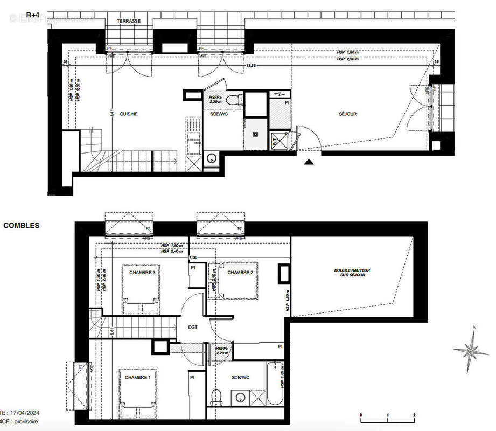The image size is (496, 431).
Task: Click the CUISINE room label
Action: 129,114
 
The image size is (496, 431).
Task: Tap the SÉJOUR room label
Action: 348,114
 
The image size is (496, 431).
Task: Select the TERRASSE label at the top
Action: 129,21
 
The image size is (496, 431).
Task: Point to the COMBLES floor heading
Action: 21,226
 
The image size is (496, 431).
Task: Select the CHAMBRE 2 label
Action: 240,273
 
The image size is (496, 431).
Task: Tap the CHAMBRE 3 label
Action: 142,273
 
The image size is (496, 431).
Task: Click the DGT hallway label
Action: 193,326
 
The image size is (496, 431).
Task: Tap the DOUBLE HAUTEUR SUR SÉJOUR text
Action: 352,273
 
